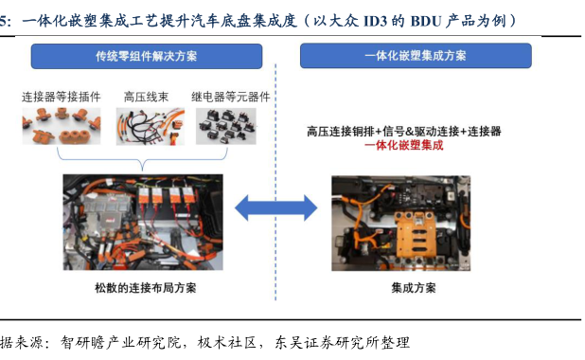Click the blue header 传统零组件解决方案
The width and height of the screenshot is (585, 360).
[x=147, y=57]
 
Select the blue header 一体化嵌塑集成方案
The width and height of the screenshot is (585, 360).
[x=416, y=56]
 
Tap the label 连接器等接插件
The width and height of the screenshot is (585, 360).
[x=62, y=97]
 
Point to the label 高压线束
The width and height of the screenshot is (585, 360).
[x=146, y=97]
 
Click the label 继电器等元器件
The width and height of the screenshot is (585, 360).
[x=231, y=97]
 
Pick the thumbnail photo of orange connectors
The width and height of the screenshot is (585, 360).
[x=62, y=126]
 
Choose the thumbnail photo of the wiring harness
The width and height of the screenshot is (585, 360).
[x=151, y=126]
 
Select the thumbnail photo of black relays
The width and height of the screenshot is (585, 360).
[x=226, y=126]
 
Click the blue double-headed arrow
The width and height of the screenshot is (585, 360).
[x=276, y=207]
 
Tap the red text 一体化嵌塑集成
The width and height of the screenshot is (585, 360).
[x=404, y=145]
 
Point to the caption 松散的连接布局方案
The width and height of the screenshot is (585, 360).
[x=146, y=288]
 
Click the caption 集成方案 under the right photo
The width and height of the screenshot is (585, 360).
[x=414, y=288]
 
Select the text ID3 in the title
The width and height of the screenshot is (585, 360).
[x=375, y=21]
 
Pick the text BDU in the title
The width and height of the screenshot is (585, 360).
[x=426, y=21]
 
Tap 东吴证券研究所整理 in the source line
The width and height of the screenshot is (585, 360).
[x=342, y=342]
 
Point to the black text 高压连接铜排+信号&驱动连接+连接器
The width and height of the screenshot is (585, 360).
[x=404, y=132]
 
